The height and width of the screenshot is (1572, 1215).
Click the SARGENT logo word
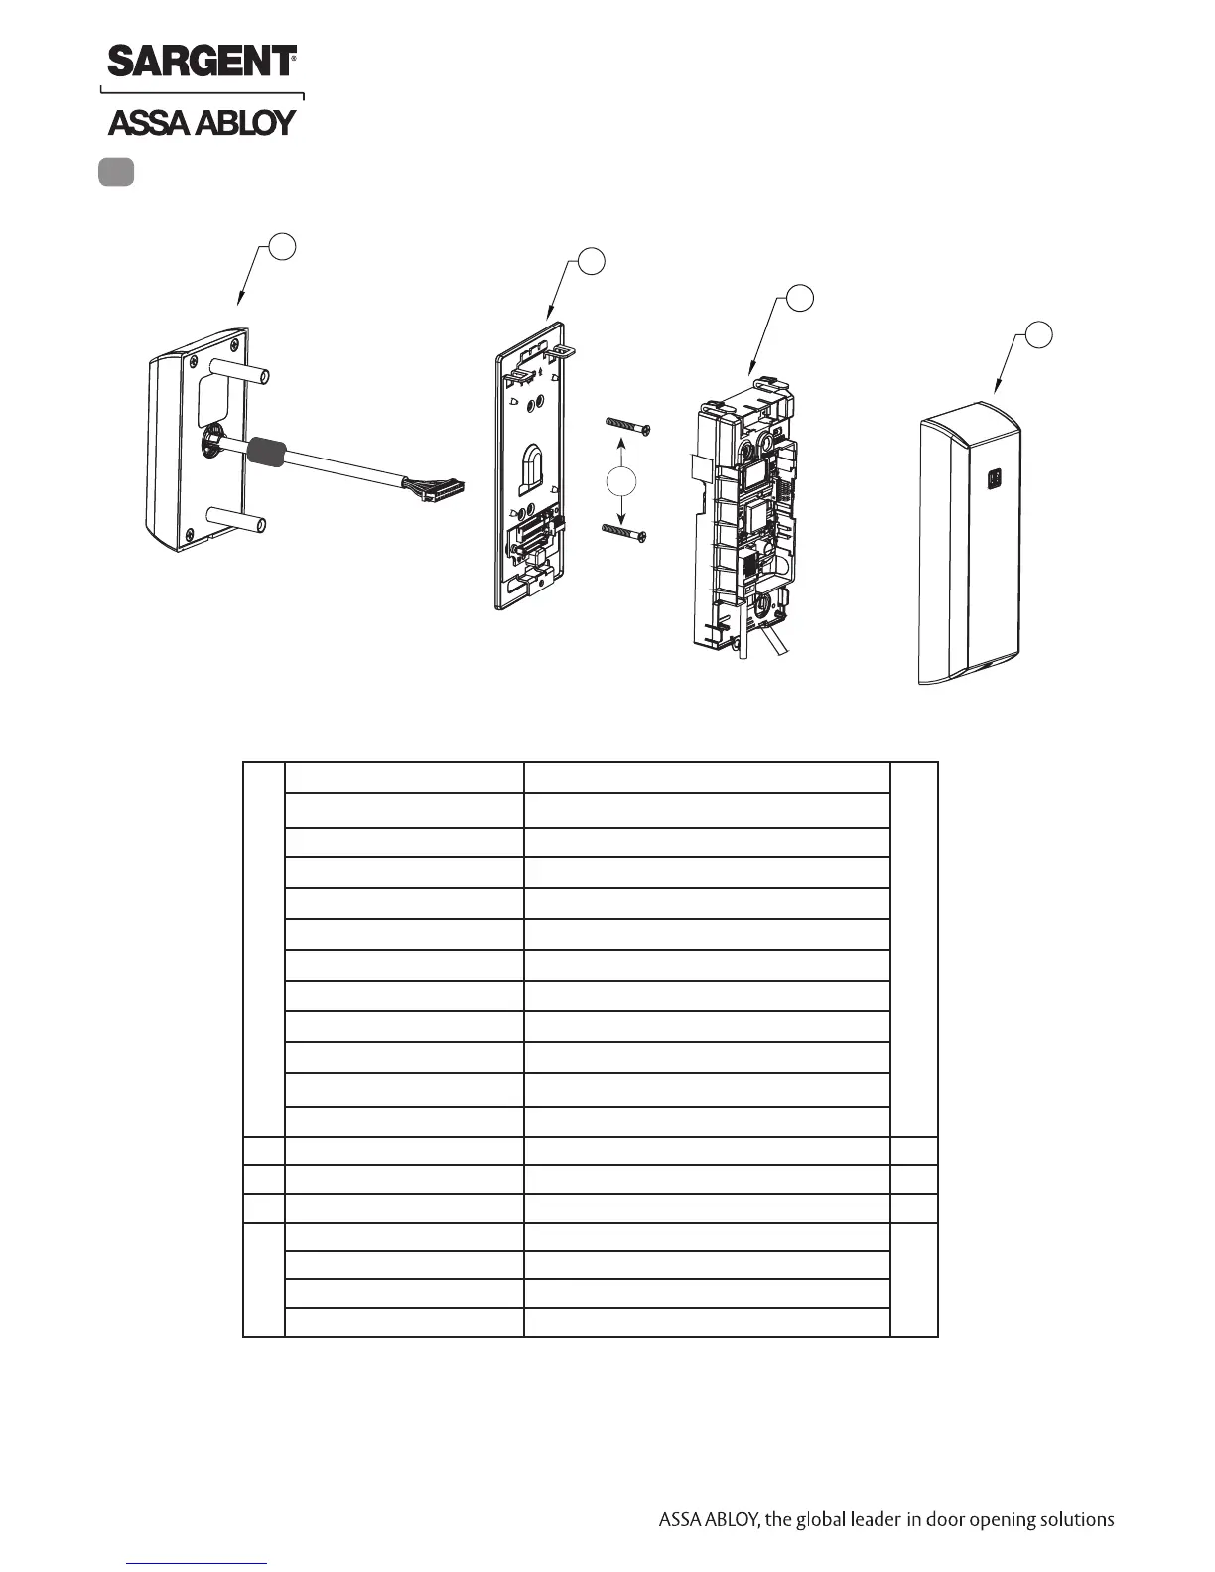pos(202,61)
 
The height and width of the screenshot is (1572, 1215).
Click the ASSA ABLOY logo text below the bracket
pos(202,122)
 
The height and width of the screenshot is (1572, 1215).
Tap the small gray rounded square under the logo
pos(116,172)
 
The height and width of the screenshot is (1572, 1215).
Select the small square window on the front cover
pos(992,478)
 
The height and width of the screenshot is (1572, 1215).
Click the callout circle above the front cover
pos(1038,334)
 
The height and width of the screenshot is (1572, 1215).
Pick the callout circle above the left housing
pos(283,246)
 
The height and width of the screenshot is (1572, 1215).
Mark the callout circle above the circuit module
pos(800,297)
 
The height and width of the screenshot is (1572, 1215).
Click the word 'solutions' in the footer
pos(1075,1519)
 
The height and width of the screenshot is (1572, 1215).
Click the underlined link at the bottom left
pos(198,1563)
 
